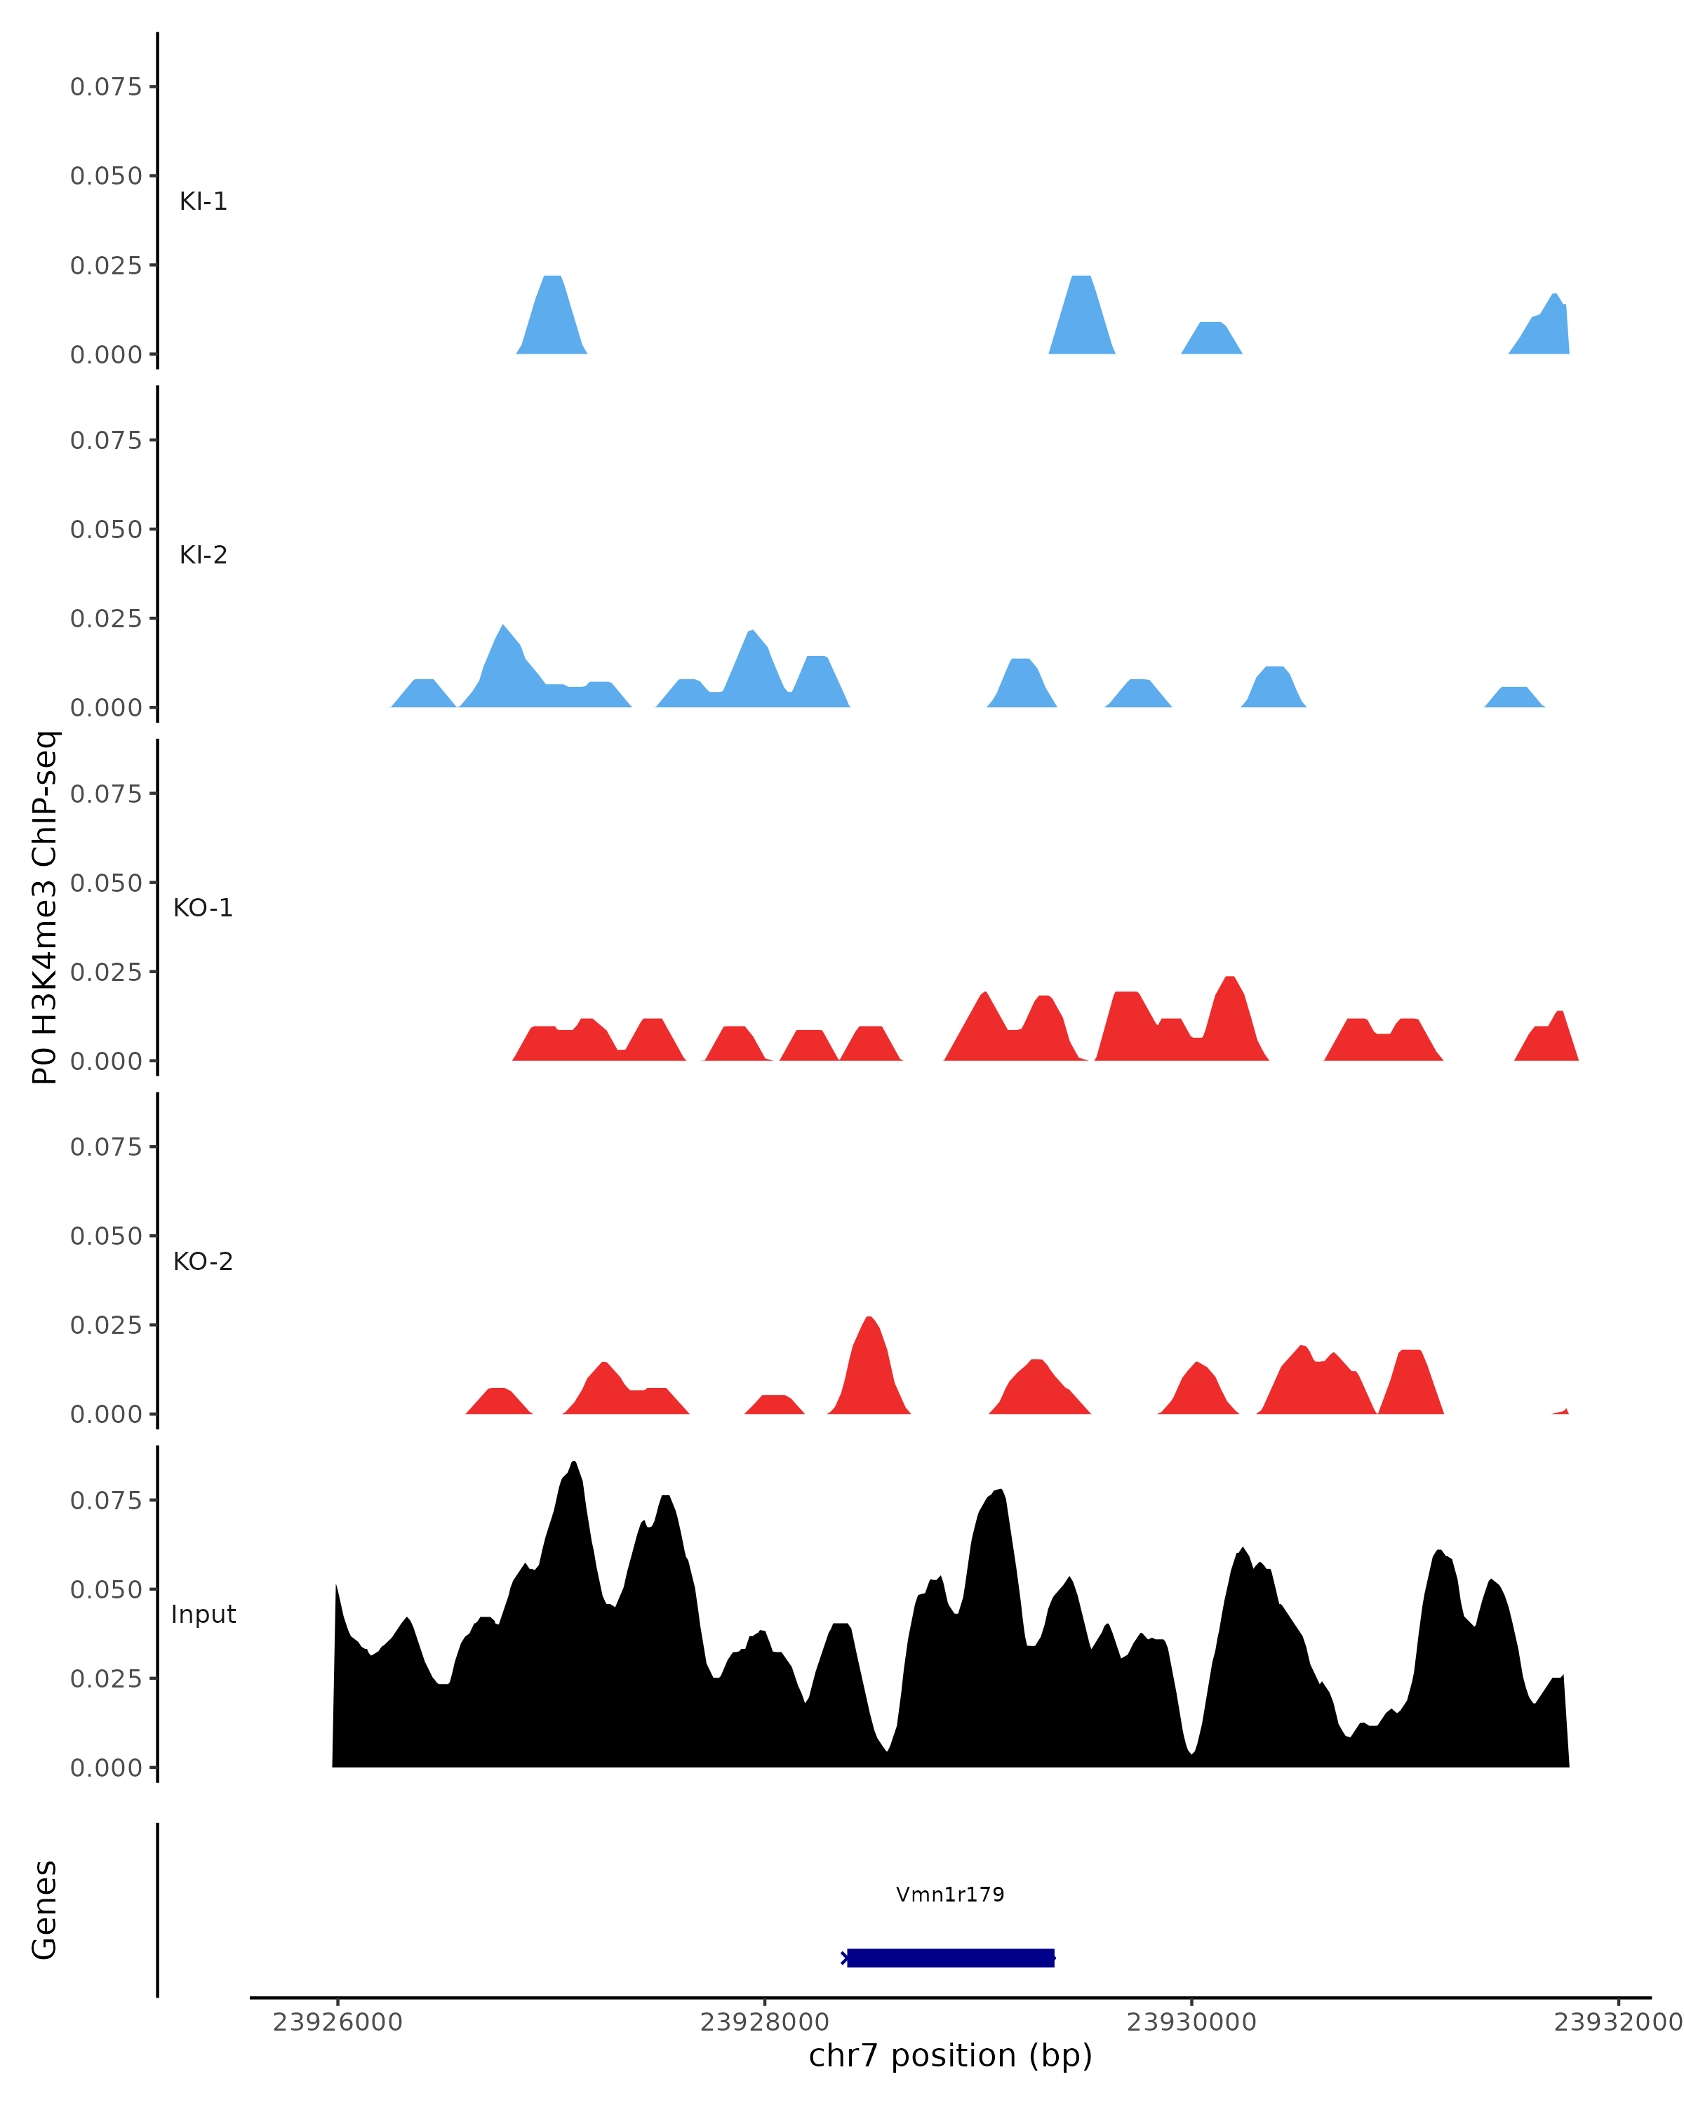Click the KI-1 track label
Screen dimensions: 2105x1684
tap(203, 202)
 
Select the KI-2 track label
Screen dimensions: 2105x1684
tap(203, 556)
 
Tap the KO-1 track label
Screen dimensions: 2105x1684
tap(203, 908)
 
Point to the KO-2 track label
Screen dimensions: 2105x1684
tap(203, 1262)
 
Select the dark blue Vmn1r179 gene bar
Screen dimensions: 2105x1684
tap(950, 1958)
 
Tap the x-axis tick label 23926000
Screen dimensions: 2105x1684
tap(337, 2022)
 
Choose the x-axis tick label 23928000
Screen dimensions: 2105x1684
tap(763, 2022)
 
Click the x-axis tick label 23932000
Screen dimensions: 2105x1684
tap(1617, 2022)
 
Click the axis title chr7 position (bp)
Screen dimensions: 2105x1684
tap(950, 2056)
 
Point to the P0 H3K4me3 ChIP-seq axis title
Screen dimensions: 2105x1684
tap(45, 907)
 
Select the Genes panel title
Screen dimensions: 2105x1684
tap(45, 1910)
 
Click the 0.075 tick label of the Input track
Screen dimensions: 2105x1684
tap(107, 1501)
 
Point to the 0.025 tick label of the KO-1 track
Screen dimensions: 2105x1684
tap(107, 973)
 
